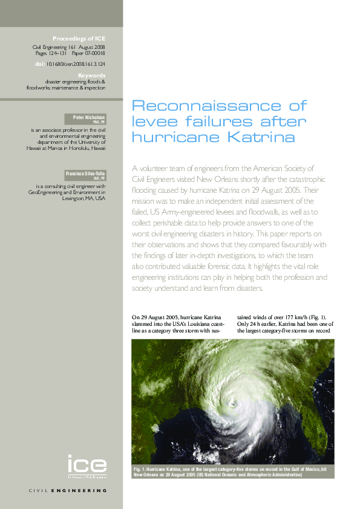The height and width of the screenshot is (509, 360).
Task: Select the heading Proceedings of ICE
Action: point(79,37)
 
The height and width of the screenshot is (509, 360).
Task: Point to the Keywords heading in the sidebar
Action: point(93,75)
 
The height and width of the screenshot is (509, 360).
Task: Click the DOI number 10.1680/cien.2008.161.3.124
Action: point(76,62)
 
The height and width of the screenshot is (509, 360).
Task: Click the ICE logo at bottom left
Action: point(87,465)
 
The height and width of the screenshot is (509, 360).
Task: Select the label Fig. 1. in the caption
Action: point(142,470)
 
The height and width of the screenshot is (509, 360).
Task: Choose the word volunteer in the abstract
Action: point(159,167)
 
